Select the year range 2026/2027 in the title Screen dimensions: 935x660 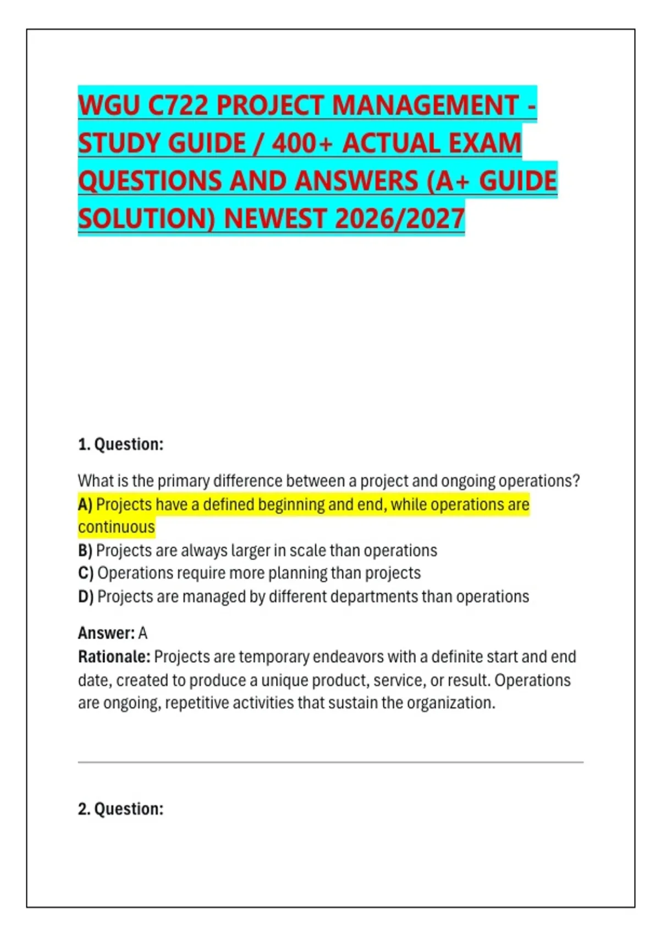399,219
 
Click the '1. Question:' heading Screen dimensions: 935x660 121,444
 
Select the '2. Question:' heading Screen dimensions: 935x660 121,809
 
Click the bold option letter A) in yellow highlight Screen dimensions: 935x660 85,505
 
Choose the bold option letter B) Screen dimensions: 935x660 85,551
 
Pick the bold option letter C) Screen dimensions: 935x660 86,573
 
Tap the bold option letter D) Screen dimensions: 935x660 86,597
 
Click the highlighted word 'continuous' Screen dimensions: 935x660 117,527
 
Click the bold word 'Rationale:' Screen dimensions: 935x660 114,657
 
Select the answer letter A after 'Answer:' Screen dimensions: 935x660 143,634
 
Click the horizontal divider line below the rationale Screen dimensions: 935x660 331,762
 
